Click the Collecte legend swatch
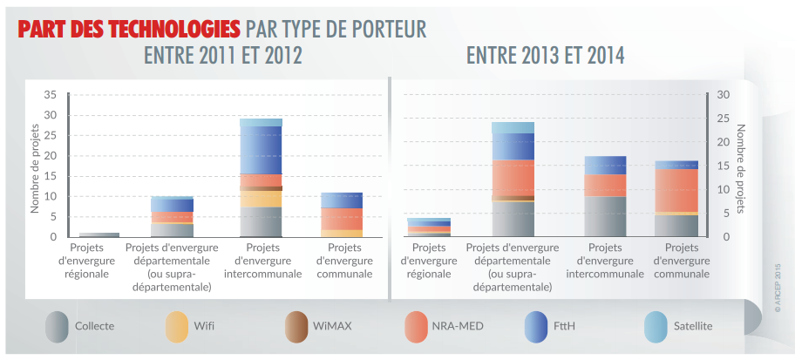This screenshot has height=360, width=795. click(58, 327)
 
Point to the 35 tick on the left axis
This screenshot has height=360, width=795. click(50, 94)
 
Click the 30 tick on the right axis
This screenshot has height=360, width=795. click(724, 94)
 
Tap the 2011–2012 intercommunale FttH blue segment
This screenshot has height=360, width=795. click(261, 150)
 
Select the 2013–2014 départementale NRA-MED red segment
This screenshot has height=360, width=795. click(513, 178)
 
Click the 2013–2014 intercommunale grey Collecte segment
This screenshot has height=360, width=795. click(605, 216)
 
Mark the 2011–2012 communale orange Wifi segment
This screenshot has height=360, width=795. click(341, 233)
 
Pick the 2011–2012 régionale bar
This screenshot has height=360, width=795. click(99, 234)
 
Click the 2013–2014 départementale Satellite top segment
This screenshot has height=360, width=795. click(513, 127)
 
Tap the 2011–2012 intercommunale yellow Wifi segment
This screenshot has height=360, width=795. click(261, 199)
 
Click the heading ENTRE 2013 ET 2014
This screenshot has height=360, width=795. click(545, 56)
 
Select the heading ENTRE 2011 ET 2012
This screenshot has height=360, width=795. click(222, 56)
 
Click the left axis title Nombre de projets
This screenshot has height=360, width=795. click(36, 166)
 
